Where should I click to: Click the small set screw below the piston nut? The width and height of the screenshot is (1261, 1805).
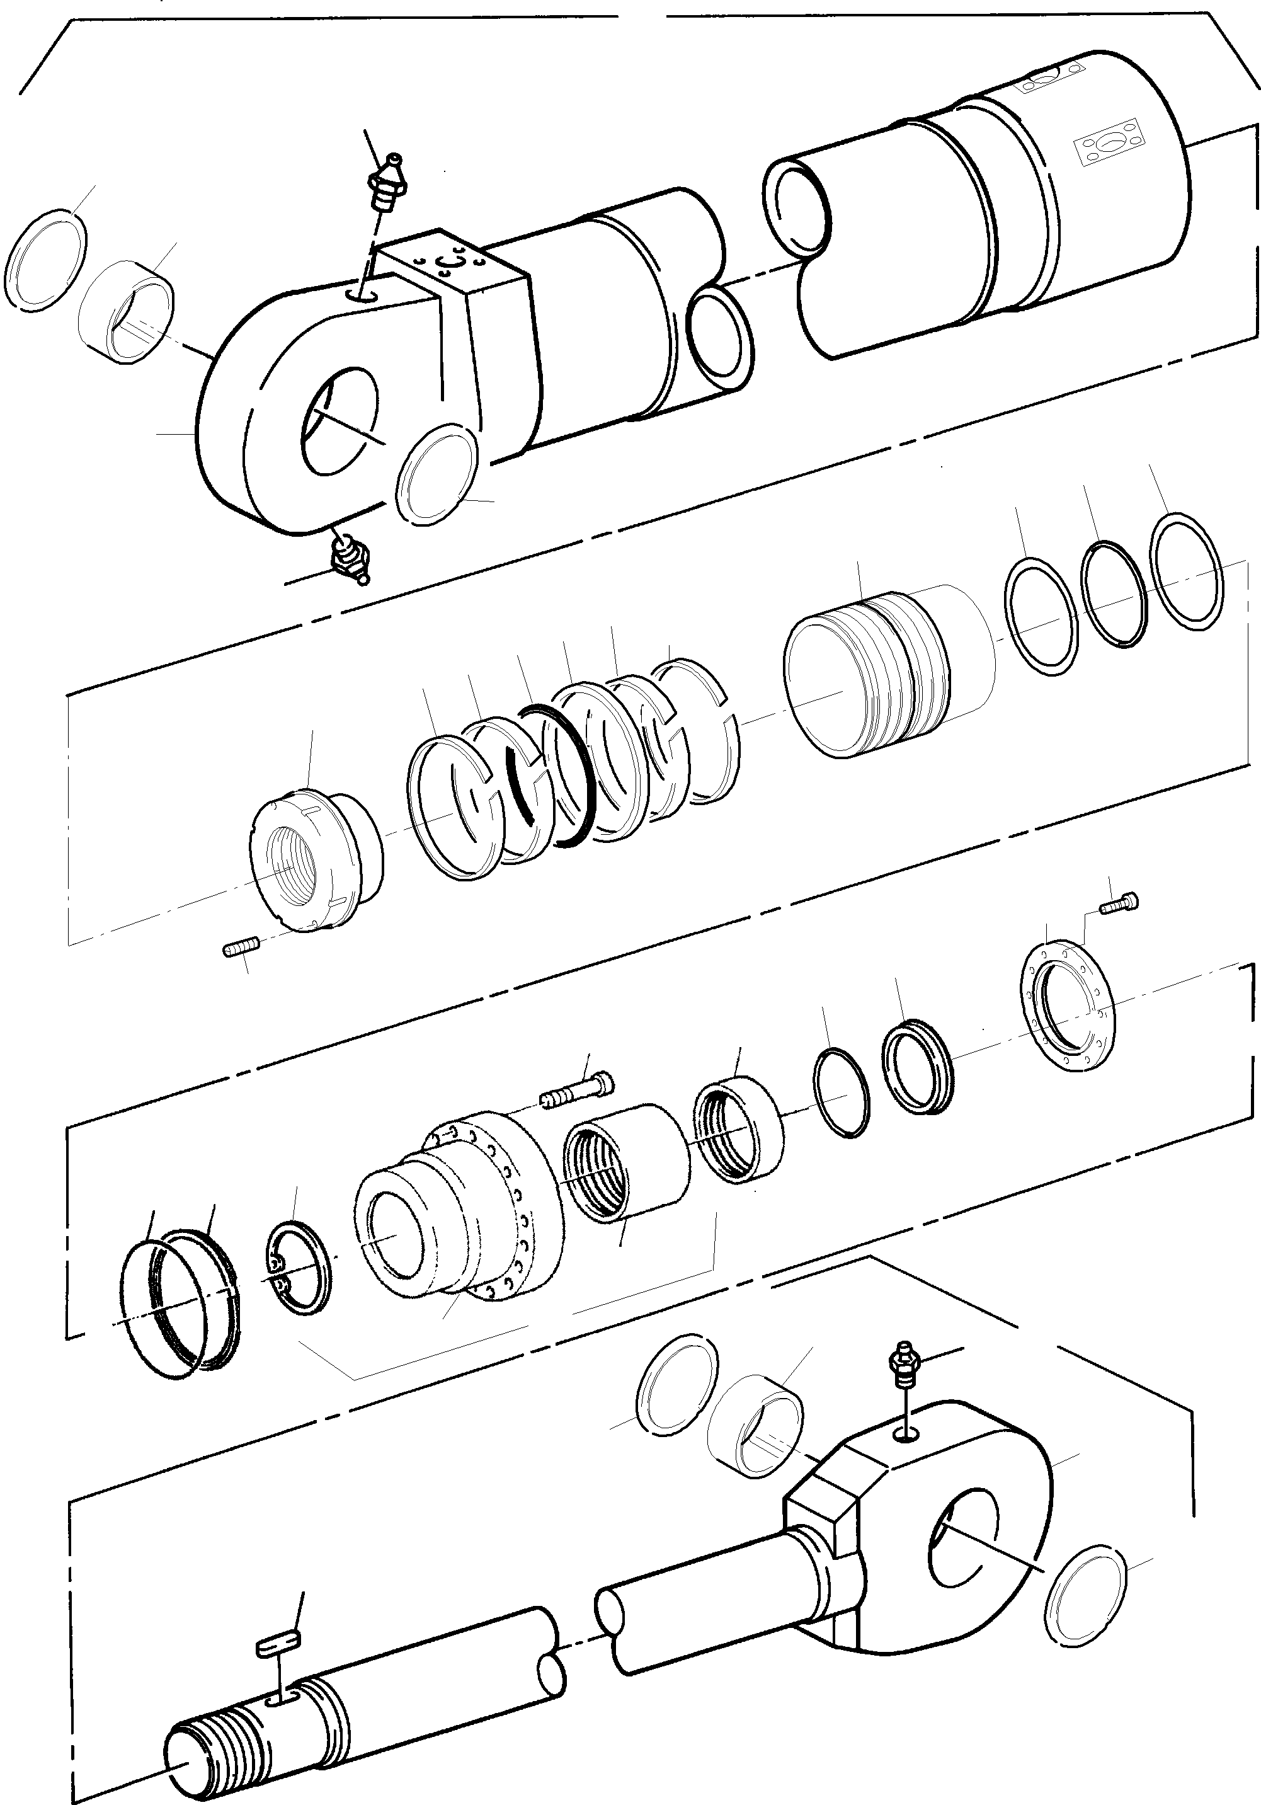[x=237, y=952]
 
